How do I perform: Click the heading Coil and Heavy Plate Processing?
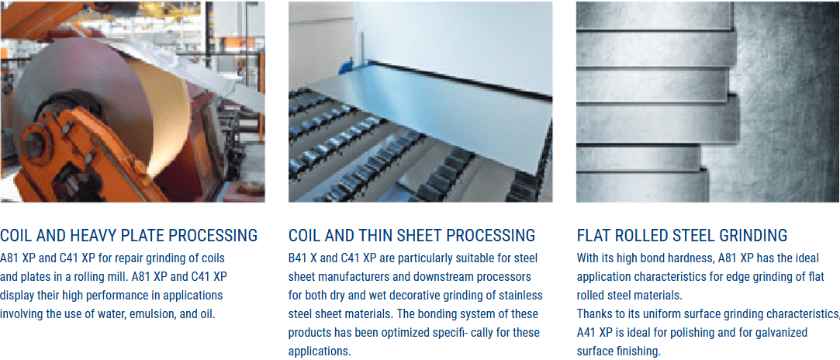[129, 235]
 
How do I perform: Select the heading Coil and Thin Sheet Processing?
[411, 235]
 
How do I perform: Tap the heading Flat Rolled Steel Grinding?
[682, 235]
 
